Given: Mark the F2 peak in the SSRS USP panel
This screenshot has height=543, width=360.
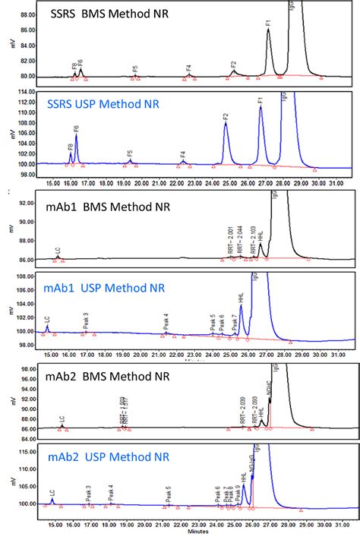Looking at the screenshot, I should (x=226, y=125).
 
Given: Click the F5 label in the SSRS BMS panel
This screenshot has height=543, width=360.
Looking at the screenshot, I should (x=135, y=71).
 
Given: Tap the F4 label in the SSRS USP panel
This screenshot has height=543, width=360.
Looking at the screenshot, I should (x=183, y=156).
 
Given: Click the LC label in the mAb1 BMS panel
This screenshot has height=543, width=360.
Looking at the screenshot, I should (x=58, y=251).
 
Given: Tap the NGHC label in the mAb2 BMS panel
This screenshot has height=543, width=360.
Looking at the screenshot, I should (x=268, y=391).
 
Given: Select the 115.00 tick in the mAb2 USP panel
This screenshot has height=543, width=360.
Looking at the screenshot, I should (x=28, y=452).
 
